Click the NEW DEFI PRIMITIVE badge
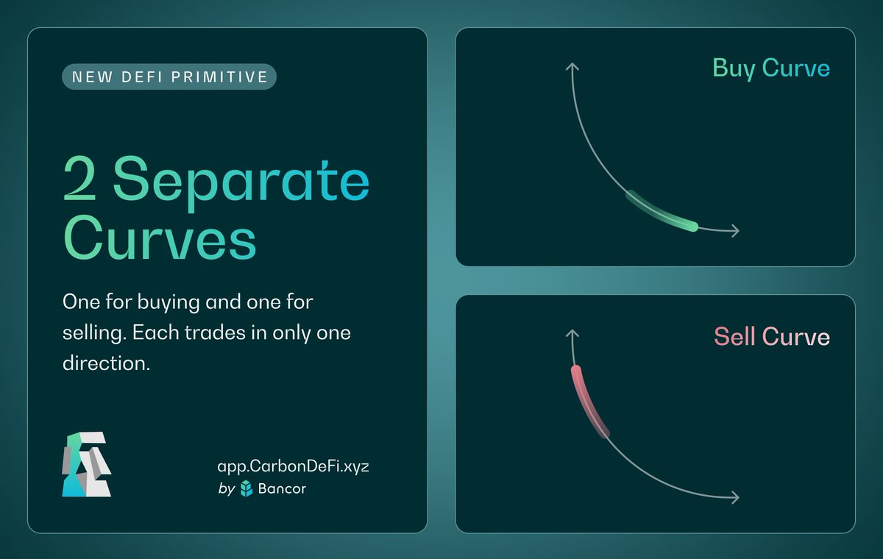169,76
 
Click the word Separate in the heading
241,182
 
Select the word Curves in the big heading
160,238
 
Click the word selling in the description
91,332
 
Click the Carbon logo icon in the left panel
87,465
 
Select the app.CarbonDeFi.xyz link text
293,467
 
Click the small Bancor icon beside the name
247,488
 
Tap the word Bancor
283,488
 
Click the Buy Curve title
770,68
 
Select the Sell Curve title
771,337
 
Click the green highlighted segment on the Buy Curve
662,213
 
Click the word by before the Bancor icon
227,488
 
